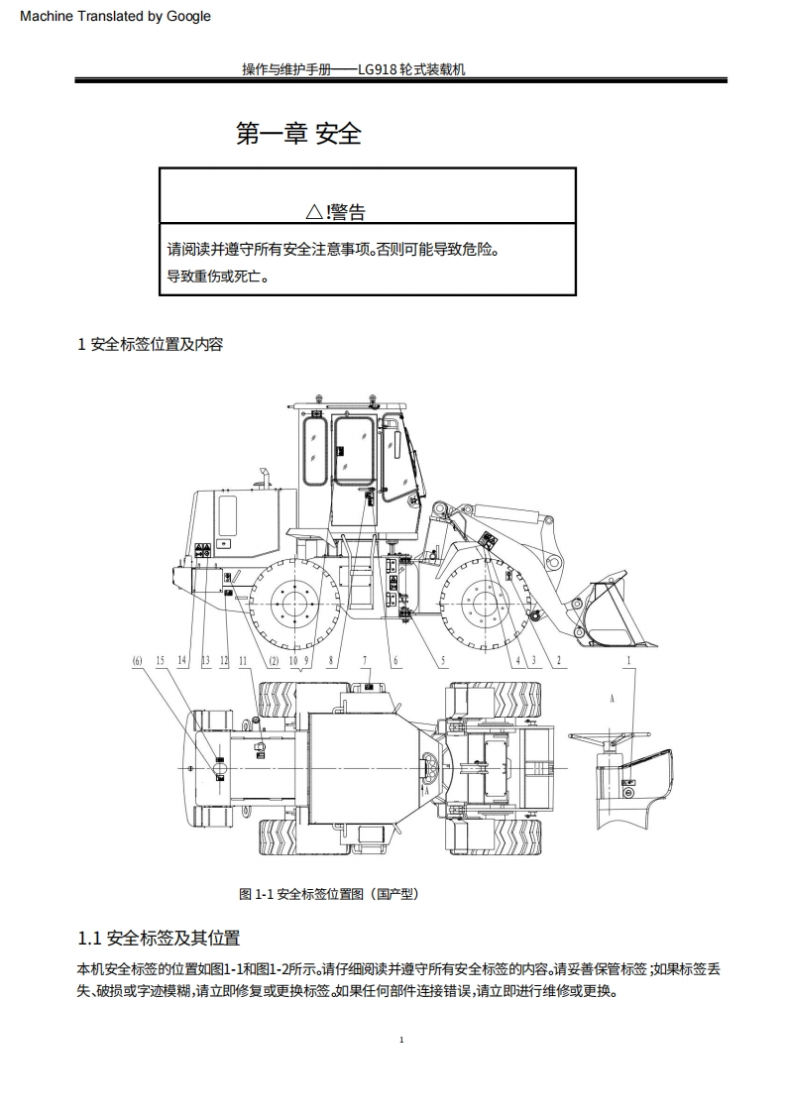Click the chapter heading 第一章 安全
point(298,133)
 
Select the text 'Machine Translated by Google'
point(115,16)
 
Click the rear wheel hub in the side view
point(292,602)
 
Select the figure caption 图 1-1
point(329,894)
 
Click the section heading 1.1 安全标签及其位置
point(159,938)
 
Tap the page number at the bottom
point(400,1040)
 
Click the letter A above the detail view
point(612,698)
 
